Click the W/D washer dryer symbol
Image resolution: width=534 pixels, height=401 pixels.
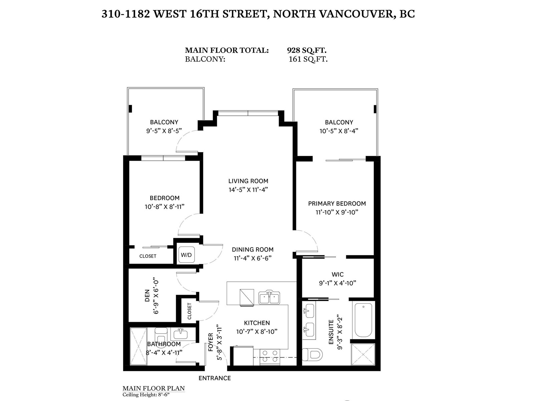[x=186, y=255]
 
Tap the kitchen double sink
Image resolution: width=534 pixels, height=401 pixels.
[x=269, y=297]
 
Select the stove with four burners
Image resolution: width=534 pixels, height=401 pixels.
[x=270, y=357]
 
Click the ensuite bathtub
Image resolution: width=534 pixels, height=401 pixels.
[x=363, y=320]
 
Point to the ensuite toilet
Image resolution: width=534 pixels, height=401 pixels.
[x=312, y=354]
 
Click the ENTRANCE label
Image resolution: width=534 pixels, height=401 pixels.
[x=215, y=378]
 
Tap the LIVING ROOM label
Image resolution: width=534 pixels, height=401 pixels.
[x=248, y=181]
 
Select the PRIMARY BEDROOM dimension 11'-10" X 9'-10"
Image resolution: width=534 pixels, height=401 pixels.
[x=337, y=212]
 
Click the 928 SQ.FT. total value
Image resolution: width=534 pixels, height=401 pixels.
[x=306, y=50]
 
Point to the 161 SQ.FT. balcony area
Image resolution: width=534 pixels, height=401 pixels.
[x=308, y=59]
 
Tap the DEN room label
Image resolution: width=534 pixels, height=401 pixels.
[x=147, y=296]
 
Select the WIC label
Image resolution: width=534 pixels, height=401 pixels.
[x=338, y=274]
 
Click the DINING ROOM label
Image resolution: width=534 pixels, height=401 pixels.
[x=253, y=250]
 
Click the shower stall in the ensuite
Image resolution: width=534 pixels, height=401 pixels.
[x=363, y=355]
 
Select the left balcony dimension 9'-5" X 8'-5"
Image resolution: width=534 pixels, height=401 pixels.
[x=164, y=131]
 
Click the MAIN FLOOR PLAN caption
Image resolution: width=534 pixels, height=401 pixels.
[x=154, y=388]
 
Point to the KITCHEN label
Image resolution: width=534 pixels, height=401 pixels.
[x=257, y=323]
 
